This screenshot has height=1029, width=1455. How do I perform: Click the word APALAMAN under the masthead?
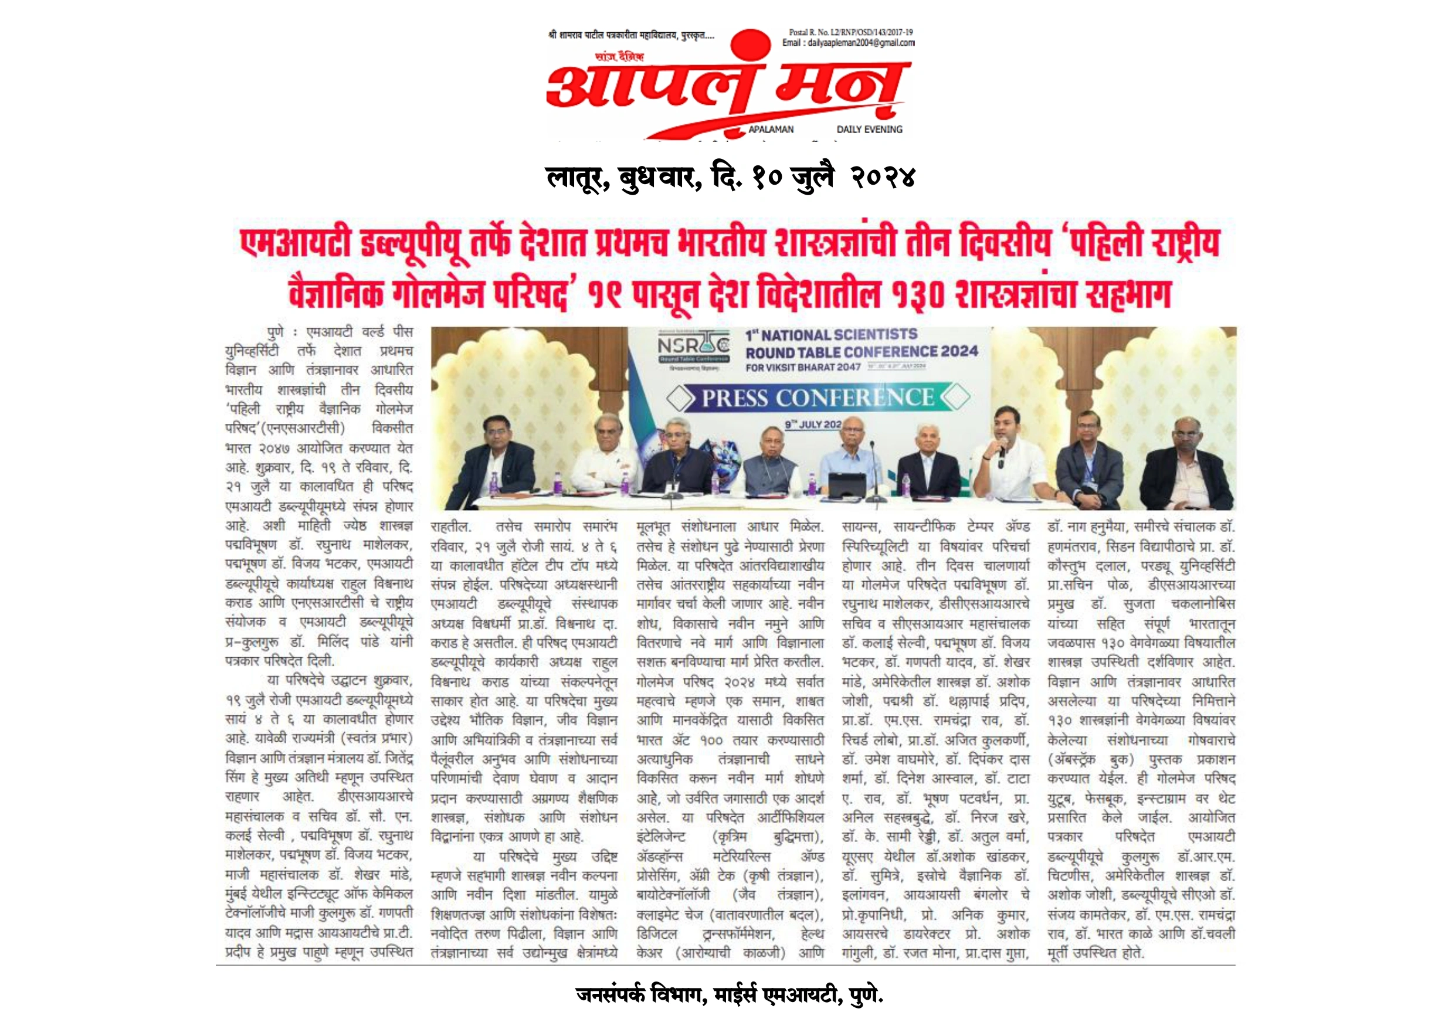point(771,129)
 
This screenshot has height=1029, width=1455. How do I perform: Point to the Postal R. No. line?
point(850,32)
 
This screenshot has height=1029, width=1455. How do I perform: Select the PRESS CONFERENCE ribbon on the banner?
point(818,398)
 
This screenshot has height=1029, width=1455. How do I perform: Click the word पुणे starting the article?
point(276,332)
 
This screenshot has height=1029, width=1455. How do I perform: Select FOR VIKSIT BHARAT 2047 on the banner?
point(803,367)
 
